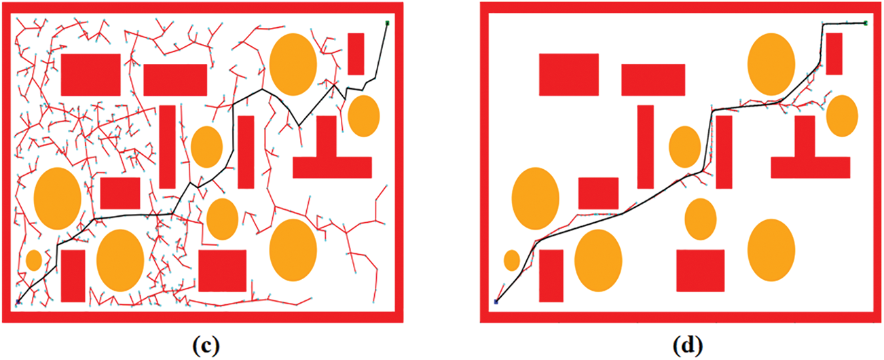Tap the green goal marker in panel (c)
(387, 24)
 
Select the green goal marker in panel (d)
(866, 23)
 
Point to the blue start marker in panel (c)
(18, 301)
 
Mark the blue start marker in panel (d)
(496, 301)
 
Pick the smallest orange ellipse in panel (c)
(33, 260)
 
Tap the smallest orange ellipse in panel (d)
(512, 260)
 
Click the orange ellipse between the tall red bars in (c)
(206, 147)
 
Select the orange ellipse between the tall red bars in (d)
(684, 147)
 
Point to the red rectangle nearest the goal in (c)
(356, 54)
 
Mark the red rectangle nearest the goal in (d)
(834, 54)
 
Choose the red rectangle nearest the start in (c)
(73, 275)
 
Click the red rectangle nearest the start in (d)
(551, 275)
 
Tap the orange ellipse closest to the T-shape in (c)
(363, 116)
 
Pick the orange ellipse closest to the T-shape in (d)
(842, 116)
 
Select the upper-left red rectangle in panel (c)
(90, 74)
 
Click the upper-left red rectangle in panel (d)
(568, 74)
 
